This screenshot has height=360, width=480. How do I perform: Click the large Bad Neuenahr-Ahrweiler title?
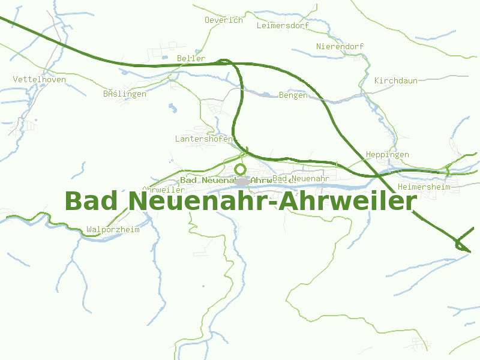coord(240,201)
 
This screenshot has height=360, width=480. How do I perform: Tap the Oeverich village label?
coord(224,20)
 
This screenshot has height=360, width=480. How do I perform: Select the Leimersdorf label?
coord(282,26)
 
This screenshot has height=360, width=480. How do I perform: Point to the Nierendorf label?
coord(340,46)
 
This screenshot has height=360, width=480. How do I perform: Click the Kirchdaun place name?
coord(395,80)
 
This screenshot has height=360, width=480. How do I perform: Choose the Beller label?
coord(191,58)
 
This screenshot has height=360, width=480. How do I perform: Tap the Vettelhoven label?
coord(40,79)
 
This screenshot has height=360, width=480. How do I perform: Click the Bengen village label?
coord(293,95)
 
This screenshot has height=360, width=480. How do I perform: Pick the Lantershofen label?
coord(203,139)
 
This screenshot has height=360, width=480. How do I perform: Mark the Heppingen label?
coord(387,154)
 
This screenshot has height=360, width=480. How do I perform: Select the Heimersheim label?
coord(424,187)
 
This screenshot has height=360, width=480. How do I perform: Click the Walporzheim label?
coord(113,229)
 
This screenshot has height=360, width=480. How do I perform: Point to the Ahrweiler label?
coord(164,190)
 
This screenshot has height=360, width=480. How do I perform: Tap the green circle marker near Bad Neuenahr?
coord(241,169)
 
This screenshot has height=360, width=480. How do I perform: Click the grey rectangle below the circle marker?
coord(242,181)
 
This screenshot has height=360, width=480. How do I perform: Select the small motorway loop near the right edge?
coord(461,244)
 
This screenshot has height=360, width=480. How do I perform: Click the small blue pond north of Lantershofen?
coord(173,108)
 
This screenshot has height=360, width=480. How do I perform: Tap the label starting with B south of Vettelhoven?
coord(124,94)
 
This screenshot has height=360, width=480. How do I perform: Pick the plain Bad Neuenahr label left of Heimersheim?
coord(301,179)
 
